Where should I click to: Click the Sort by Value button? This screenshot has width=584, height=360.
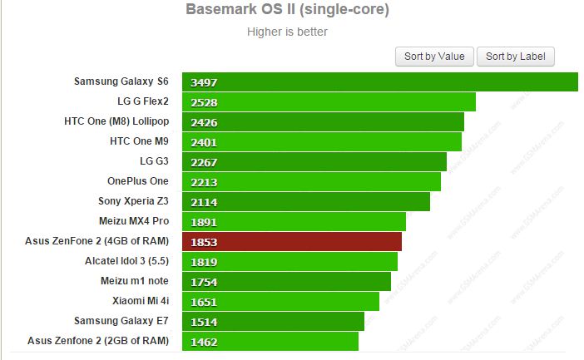click(x=434, y=57)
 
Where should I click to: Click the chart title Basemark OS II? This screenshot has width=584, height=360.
click(x=287, y=11)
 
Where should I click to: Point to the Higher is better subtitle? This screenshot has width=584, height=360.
click(x=287, y=32)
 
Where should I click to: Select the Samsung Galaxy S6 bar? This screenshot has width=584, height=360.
click(x=380, y=82)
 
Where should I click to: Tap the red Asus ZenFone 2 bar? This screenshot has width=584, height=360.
click(x=292, y=241)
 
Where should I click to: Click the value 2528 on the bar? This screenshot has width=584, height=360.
click(x=203, y=102)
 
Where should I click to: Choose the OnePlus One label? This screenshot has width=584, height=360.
click(x=137, y=181)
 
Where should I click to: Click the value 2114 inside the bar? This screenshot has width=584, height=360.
click(x=203, y=202)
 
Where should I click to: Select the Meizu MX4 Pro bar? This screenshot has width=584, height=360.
click(x=294, y=221)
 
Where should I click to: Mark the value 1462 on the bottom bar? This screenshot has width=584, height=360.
click(x=203, y=341)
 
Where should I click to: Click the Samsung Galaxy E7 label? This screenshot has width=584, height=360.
click(x=121, y=320)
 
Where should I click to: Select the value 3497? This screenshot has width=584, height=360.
click(x=203, y=82)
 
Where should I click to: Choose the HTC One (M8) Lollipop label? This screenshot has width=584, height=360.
click(x=116, y=121)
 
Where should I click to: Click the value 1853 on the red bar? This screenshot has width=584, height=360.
click(x=203, y=241)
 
